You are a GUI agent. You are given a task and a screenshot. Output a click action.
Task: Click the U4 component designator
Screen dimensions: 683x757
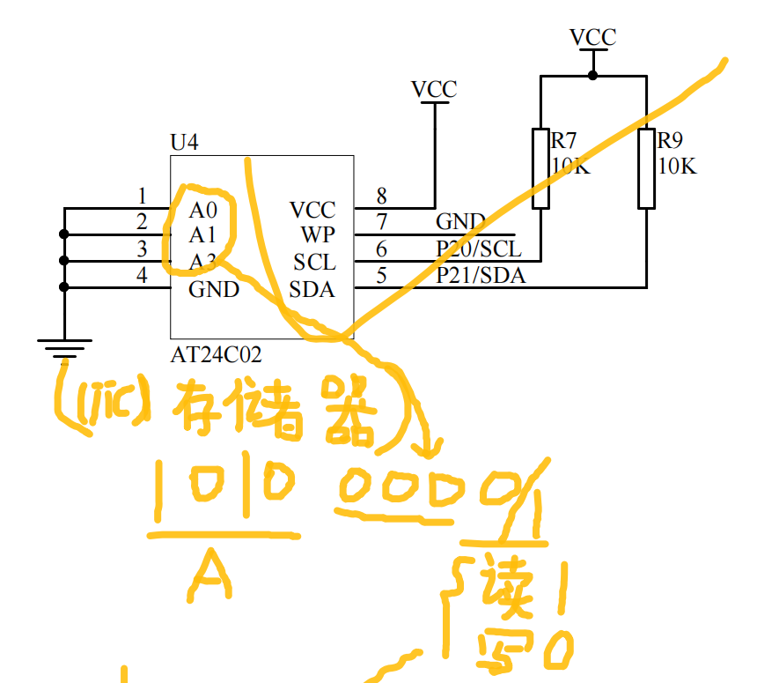click(x=184, y=142)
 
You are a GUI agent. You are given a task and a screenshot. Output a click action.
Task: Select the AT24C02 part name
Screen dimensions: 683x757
click(x=216, y=355)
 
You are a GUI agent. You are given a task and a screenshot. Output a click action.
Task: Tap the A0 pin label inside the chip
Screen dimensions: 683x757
click(x=202, y=211)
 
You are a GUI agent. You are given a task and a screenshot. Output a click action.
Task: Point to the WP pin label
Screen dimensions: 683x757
click(x=317, y=235)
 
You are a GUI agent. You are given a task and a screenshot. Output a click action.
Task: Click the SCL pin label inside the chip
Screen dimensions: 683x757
click(x=314, y=263)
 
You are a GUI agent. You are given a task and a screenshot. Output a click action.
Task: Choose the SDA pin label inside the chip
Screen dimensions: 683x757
click(x=312, y=289)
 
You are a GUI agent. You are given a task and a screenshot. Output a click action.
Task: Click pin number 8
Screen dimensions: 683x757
click(x=381, y=197)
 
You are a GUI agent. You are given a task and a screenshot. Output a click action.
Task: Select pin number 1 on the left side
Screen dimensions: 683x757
click(x=142, y=196)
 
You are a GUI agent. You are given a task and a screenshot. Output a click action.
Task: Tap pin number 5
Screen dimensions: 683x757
click(x=381, y=276)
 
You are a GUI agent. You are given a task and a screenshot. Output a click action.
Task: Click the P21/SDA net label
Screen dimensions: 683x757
click(x=481, y=276)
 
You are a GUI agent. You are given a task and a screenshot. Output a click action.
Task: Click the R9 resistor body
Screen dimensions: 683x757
click(x=646, y=168)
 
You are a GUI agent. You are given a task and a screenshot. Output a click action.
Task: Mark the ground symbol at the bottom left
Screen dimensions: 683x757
click(x=64, y=349)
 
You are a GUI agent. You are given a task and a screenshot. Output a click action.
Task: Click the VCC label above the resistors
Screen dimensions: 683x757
click(x=592, y=37)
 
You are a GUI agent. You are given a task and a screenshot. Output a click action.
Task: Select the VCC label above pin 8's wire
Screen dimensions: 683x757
click(x=434, y=89)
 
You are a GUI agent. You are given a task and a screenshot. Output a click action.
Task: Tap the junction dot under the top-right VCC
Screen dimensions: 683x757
click(x=592, y=76)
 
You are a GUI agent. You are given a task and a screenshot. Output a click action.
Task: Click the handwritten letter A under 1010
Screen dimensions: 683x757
click(x=210, y=574)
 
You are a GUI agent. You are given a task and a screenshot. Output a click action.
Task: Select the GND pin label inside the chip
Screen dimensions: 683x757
click(x=214, y=289)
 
